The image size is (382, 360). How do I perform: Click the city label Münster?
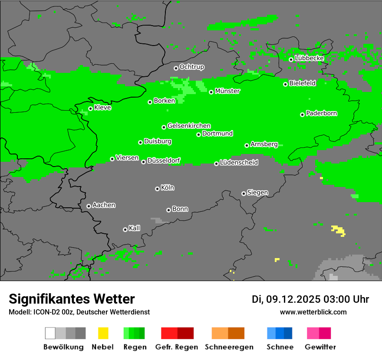(227, 91)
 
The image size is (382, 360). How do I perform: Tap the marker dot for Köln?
(157, 189)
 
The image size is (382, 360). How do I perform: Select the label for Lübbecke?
(309, 58)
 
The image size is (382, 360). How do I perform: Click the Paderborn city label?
(321, 113)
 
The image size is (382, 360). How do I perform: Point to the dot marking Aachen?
(89, 206)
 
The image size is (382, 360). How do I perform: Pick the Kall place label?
(134, 228)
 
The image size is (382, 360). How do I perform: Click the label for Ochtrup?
(191, 67)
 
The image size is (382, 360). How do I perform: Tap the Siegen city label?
(257, 193)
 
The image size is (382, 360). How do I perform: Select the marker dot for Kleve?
(90, 109)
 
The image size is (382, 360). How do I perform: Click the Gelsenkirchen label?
(189, 126)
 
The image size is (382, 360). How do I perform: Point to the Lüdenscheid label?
(239, 163)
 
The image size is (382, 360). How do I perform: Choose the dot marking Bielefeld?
(286, 84)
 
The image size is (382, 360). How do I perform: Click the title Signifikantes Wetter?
(72, 299)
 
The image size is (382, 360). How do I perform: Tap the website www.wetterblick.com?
(313, 312)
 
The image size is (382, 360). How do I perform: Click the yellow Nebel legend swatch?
(103, 333)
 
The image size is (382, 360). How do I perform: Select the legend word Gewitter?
(320, 347)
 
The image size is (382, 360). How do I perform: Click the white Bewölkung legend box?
(50, 333)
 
